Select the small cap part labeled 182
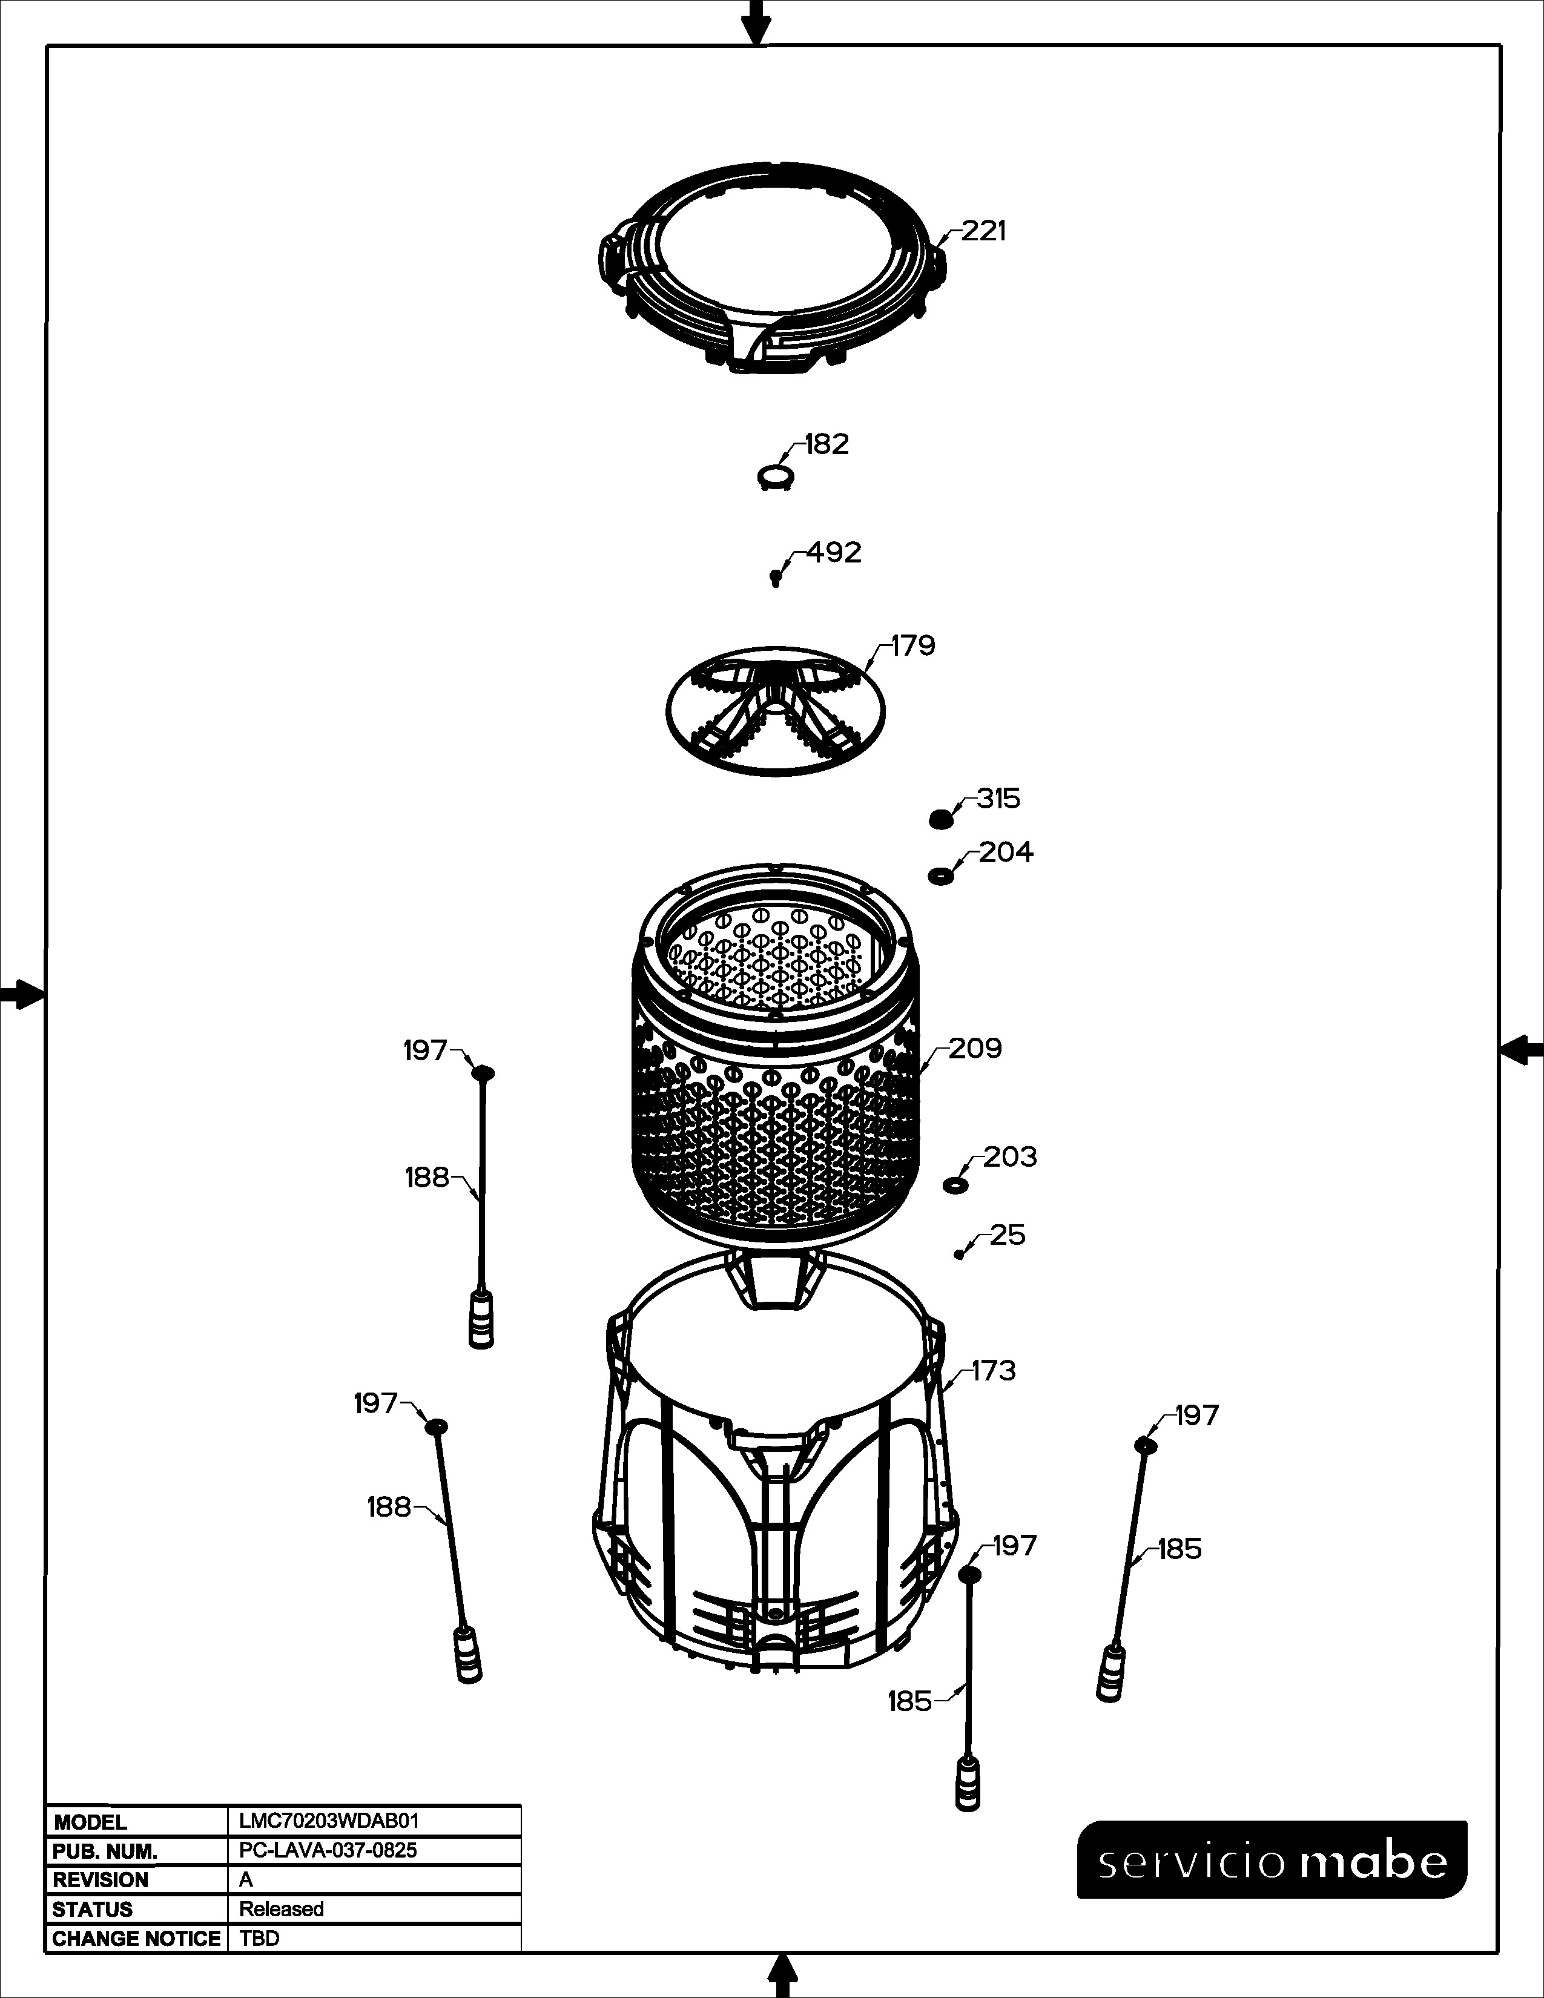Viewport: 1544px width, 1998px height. pos(776,476)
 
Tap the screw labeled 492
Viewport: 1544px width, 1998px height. pos(776,577)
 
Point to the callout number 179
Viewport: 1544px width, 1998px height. pos(913,646)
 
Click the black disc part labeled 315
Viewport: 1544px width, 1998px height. pos(941,819)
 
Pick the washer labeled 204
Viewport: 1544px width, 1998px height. pos(940,875)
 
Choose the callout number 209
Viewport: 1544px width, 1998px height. pos(975,1049)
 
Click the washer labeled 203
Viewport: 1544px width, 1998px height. pos(955,1185)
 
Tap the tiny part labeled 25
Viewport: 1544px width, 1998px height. pos(958,1255)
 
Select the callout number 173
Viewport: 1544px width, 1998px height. pos(994,1397)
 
